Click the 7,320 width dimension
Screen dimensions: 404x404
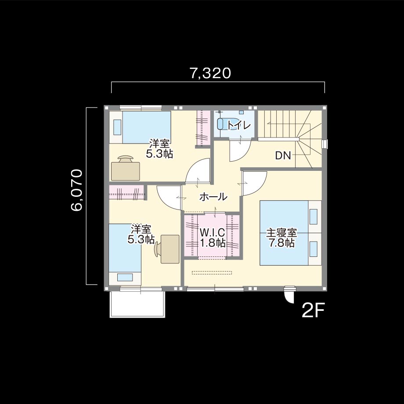pos(210,73)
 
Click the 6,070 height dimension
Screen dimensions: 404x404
pos(77,190)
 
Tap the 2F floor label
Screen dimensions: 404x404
pos(313,311)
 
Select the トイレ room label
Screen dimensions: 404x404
pos(239,126)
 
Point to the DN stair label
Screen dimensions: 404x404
pos(283,155)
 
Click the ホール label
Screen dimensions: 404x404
pos(213,197)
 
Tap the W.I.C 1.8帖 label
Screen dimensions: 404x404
pos(213,238)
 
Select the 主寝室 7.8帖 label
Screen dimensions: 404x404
pos(281,238)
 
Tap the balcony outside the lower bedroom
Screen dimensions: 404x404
pos(137,304)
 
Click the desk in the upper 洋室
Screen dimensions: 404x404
pos(126,171)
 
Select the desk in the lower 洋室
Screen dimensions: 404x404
pos(170,249)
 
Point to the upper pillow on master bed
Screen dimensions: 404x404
pos(313,216)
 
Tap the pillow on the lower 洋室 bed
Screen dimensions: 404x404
pos(125,277)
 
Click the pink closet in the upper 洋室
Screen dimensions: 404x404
pos(203,128)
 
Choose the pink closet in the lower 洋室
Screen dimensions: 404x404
pos(126,192)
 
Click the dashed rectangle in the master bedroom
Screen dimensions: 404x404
pos(212,272)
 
